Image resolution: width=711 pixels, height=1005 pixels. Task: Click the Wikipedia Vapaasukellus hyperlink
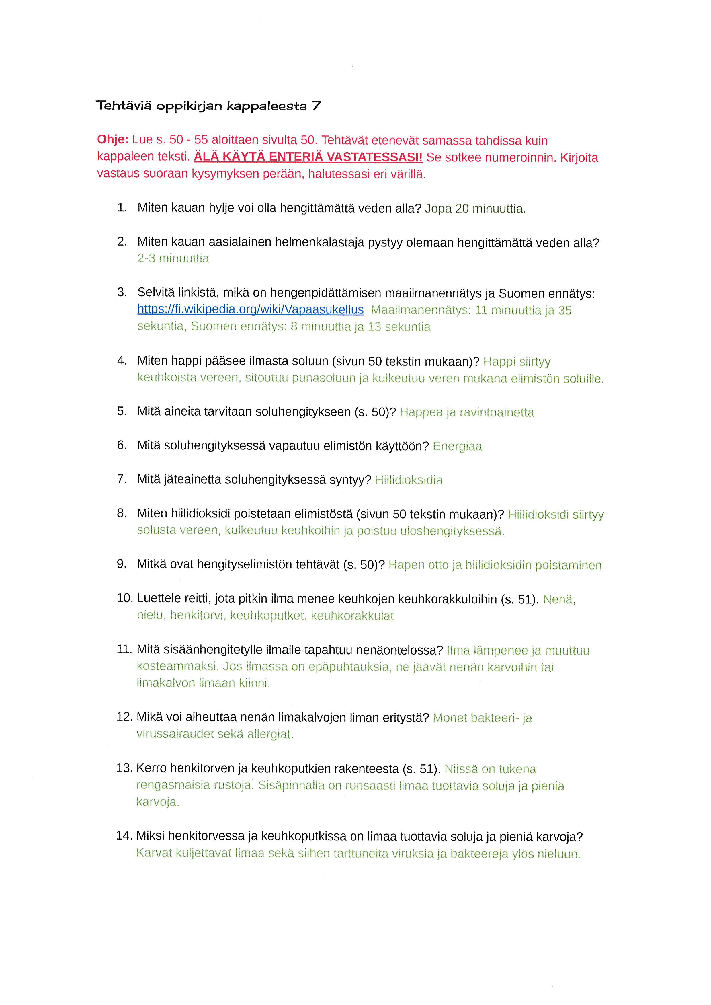[250, 309]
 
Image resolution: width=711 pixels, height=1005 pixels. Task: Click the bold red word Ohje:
[112, 140]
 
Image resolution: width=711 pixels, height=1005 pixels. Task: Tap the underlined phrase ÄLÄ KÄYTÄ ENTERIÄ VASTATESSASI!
[308, 157]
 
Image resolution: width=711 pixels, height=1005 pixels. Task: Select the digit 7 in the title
[316, 106]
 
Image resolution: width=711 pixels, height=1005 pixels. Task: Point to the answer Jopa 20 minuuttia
[475, 209]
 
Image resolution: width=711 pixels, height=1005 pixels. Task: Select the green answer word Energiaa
[457, 446]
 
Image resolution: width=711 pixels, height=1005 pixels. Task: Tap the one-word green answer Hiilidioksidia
[409, 480]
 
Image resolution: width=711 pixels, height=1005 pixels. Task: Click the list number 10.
[124, 598]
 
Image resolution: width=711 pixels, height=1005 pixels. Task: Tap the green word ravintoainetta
[497, 412]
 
